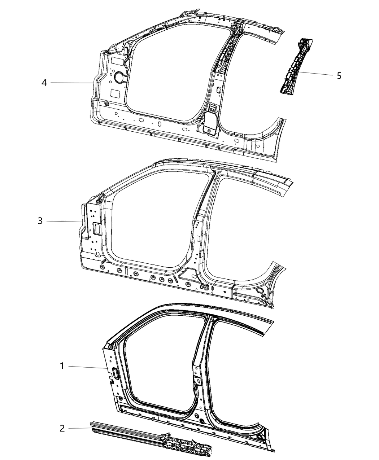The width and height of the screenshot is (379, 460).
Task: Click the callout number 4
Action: pos(44,83)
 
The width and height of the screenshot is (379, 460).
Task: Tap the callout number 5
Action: pos(339,76)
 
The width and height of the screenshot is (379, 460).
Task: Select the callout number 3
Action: pos(40,221)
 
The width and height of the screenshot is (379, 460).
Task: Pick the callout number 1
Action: pos(62,367)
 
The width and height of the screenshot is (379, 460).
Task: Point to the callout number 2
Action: pos(62,428)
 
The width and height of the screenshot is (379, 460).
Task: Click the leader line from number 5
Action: pos(314,74)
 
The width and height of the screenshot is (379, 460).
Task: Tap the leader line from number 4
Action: pos(72,83)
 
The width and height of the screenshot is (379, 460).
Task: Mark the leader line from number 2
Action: pos(80,428)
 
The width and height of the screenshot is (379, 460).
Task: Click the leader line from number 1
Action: pos(87,367)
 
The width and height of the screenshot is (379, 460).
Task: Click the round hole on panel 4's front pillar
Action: pos(119,76)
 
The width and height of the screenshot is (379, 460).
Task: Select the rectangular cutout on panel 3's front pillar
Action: pos(97,227)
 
